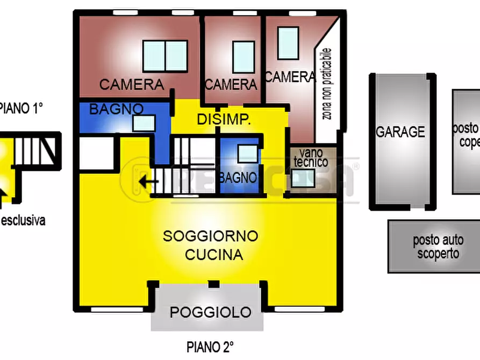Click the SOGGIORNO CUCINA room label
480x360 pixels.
(x=211, y=245)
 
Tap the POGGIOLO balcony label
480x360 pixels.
(x=211, y=312)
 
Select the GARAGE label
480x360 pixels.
(x=400, y=132)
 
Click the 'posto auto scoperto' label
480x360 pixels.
(x=438, y=247)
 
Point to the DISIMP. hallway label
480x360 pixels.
(x=224, y=120)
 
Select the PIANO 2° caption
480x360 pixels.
(x=210, y=347)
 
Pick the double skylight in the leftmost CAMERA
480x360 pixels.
(x=166, y=56)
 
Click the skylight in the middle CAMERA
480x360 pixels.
(x=243, y=56)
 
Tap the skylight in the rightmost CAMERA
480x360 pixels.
(x=288, y=43)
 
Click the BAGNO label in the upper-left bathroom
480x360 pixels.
(x=116, y=109)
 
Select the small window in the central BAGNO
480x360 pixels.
(x=247, y=154)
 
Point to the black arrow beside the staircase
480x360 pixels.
(x=148, y=181)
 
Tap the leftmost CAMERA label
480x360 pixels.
(x=132, y=84)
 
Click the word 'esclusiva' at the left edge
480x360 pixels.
(x=23, y=220)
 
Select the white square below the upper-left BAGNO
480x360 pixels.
(x=97, y=152)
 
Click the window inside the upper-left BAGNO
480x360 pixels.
(x=144, y=123)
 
